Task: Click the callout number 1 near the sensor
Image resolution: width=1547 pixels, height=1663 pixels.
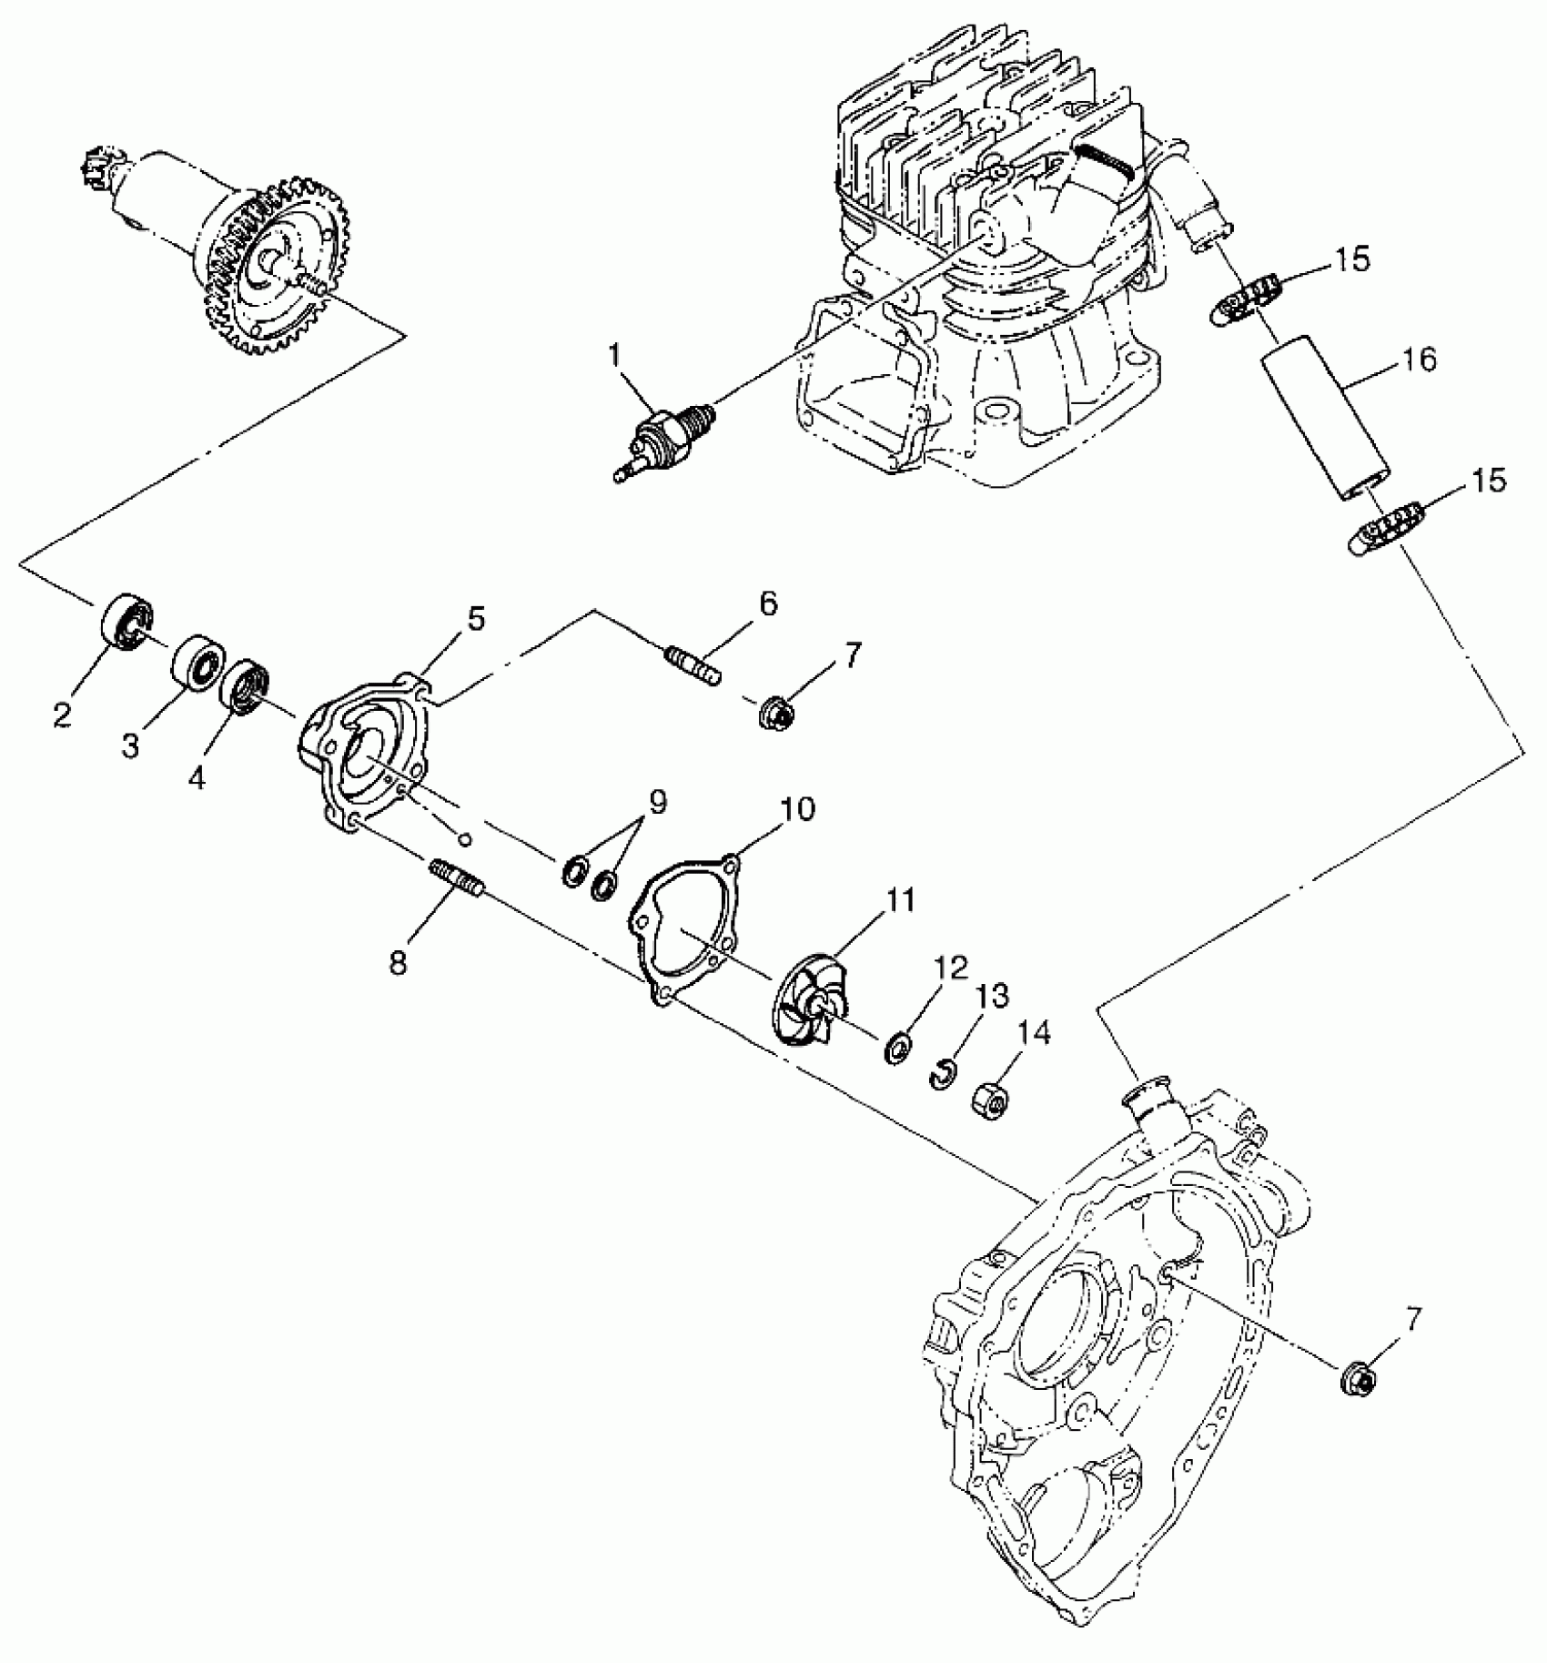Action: click(x=616, y=355)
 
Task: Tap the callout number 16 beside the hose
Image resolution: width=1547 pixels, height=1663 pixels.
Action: click(x=1419, y=360)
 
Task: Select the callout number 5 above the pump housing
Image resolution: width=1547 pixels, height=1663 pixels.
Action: click(x=476, y=619)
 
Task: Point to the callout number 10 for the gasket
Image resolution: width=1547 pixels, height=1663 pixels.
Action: click(x=797, y=808)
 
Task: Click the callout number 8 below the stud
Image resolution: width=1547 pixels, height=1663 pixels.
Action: click(x=399, y=963)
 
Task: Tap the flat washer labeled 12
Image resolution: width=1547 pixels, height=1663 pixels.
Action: click(x=899, y=1048)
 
